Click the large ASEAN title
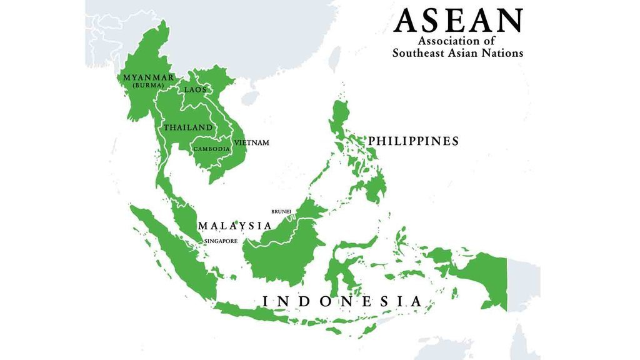click(457, 20)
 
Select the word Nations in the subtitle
click(501, 53)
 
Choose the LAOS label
click(195, 89)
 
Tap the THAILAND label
click(188, 127)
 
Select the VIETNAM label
click(252, 142)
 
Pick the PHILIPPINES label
click(413, 141)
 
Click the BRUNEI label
click(281, 211)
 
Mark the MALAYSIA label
click(234, 226)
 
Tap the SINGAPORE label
click(221, 241)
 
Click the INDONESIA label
click(342, 301)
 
